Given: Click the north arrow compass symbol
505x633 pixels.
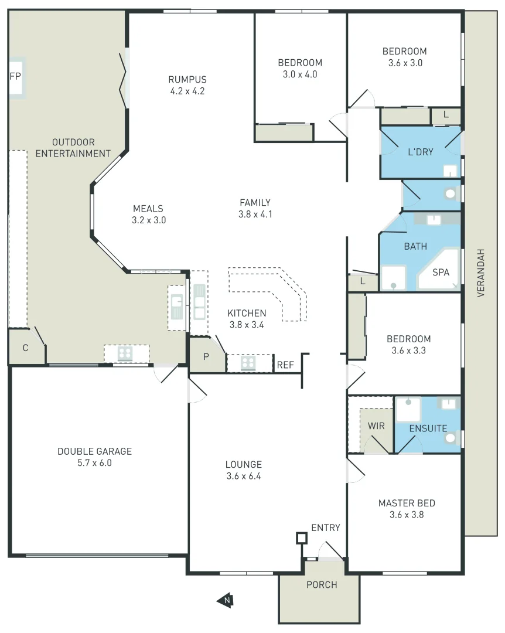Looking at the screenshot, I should (x=224, y=600).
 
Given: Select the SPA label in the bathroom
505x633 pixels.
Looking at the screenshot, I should (x=441, y=273).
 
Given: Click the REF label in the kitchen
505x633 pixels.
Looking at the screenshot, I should (x=285, y=365).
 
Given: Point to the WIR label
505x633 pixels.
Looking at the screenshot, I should (x=376, y=426).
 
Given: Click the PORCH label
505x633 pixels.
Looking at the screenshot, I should (x=322, y=584).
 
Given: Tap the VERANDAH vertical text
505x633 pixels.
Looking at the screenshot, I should (x=480, y=273).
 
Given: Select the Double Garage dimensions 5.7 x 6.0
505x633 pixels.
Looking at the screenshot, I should (x=94, y=463).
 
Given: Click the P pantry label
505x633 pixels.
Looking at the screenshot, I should (x=206, y=356).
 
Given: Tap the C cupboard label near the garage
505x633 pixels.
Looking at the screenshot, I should (x=25, y=348).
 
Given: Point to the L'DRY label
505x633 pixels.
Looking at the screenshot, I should (x=420, y=152).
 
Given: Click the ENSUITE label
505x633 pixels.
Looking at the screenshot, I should (x=428, y=428).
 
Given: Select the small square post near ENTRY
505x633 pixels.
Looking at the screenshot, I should (x=302, y=537).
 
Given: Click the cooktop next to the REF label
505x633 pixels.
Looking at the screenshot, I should (x=248, y=363).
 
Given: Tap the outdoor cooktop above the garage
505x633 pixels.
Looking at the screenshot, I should (x=125, y=353).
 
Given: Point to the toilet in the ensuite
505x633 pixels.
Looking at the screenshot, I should (x=451, y=438).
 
